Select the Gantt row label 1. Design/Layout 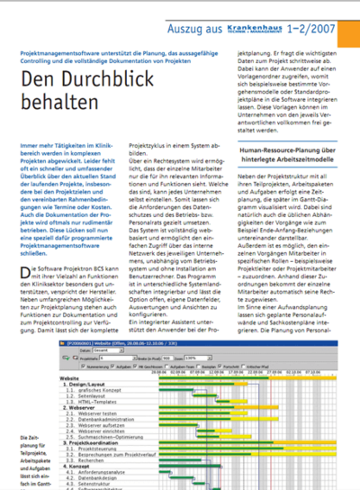pyautogui.click(x=86, y=383)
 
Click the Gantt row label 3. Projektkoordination pyautogui.click(x=95, y=440)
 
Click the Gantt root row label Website pyautogui.click(x=71, y=377)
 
